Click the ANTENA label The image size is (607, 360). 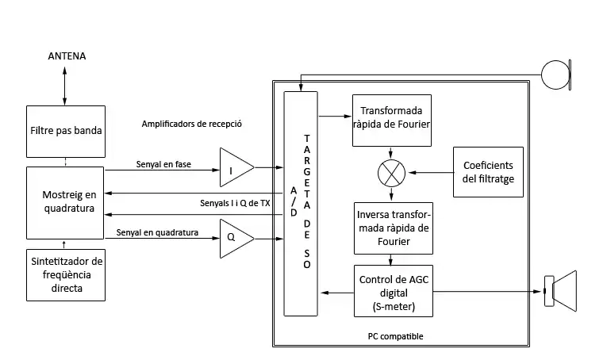(67, 56)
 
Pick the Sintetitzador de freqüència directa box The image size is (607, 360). (65, 274)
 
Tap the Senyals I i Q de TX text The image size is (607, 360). (236, 204)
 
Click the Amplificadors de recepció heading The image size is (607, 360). (191, 124)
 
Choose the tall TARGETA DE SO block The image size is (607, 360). (300, 202)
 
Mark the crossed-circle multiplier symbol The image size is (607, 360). (391, 172)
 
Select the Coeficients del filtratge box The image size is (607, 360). (488, 172)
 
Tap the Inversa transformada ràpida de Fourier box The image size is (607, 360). (391, 228)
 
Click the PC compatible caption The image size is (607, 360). (395, 337)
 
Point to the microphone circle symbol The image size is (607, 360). (555, 75)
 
